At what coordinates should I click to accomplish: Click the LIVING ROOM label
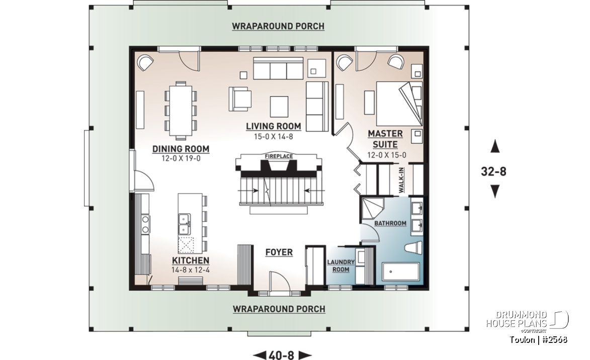[x=274, y=126]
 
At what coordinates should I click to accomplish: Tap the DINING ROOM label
[x=181, y=149]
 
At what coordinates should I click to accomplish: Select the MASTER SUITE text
[x=385, y=139]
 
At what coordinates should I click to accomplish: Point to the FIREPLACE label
[x=279, y=156]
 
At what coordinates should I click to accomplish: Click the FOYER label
[x=279, y=252]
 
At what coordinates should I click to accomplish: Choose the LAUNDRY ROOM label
[x=341, y=266]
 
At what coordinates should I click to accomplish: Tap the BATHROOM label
[x=390, y=223]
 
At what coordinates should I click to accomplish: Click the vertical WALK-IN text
[x=401, y=181]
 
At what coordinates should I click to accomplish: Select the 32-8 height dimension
[x=493, y=171]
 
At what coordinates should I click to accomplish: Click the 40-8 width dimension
[x=282, y=355]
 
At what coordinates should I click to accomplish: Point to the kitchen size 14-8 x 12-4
[x=190, y=270]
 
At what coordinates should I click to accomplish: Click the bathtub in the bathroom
[x=400, y=272]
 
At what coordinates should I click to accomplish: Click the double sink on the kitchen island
[x=185, y=224]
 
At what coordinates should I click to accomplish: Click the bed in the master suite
[x=399, y=104]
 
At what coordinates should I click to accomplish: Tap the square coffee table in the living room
[x=279, y=107]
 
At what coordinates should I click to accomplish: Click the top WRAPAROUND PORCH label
[x=278, y=26]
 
